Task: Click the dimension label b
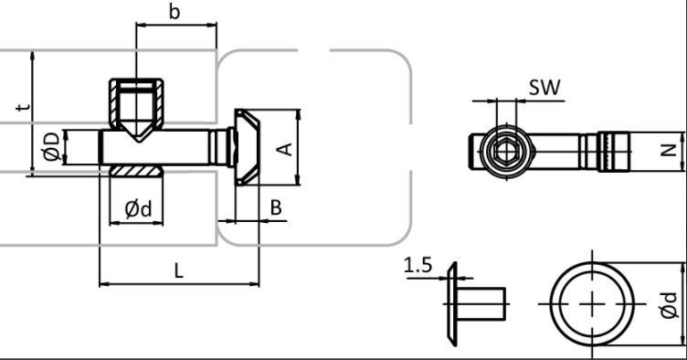[174, 12]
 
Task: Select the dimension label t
[24, 106]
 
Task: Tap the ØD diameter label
[51, 146]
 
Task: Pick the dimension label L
[178, 271]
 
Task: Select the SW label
[544, 88]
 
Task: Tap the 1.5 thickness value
[418, 265]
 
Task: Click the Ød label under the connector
[138, 209]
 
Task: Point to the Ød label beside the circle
[669, 305]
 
